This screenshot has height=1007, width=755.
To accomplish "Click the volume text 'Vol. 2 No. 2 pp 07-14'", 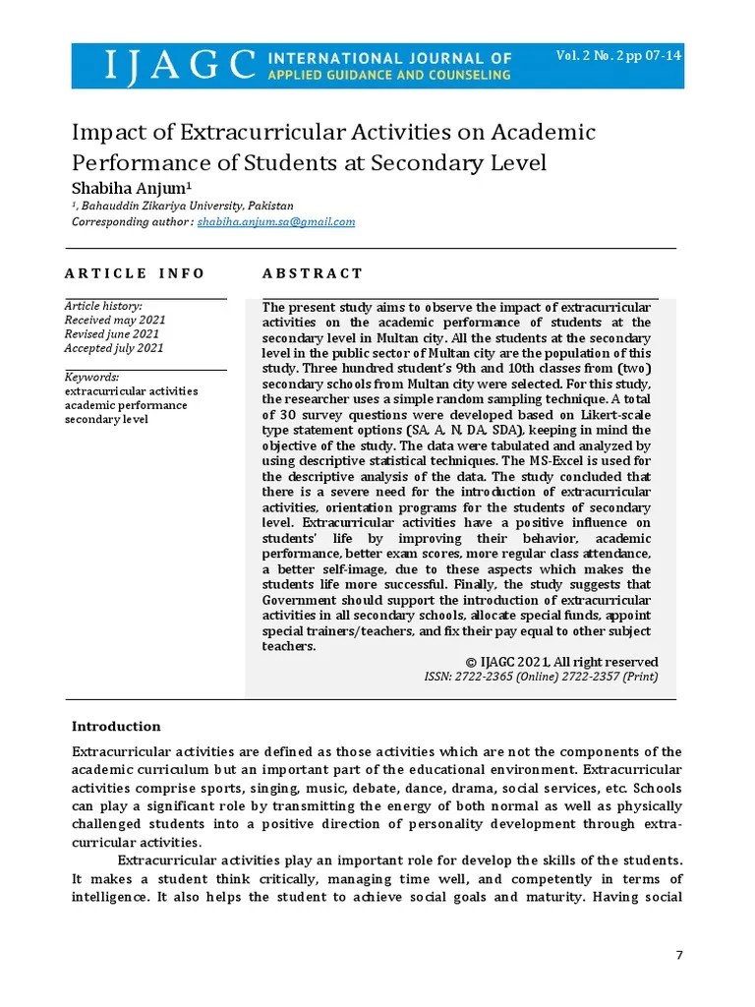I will coord(618,55).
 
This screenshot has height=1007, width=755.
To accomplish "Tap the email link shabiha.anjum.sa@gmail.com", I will coord(276,222).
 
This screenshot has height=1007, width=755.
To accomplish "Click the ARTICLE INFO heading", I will coord(135,273).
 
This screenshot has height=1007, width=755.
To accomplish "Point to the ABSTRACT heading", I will coord(313,273).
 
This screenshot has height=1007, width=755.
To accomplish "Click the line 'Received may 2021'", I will coord(115,320).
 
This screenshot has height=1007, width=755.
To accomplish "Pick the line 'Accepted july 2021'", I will coord(114,348).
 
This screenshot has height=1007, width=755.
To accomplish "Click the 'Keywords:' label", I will coord(92,377).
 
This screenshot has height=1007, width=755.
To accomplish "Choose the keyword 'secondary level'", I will coord(106,419).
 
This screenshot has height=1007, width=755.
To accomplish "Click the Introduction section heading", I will coord(116,727).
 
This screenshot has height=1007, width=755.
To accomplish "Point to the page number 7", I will coord(678,957).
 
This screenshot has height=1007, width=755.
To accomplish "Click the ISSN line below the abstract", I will coord(541,677).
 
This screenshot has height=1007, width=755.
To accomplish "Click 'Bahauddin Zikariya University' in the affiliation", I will coord(166,207).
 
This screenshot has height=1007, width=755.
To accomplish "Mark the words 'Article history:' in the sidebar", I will coord(103,306).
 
